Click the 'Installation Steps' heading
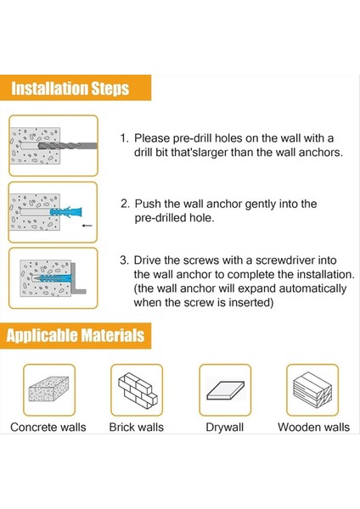pyautogui.click(x=70, y=88)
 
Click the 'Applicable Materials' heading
pyautogui.click(x=76, y=335)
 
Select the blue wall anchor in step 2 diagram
pyautogui.click(x=66, y=212)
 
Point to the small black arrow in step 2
pyautogui.click(x=87, y=226)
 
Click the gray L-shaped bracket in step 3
pyautogui.click(x=78, y=278)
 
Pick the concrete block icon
pyautogui.click(x=48, y=389)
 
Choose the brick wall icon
pyautogui.click(x=138, y=390)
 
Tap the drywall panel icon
pyautogui.click(x=226, y=390)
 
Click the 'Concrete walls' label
pyautogui.click(x=48, y=428)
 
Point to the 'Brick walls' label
pyautogui.click(x=137, y=428)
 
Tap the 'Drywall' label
pyautogui.click(x=224, y=428)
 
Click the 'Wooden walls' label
pyautogui.click(x=313, y=428)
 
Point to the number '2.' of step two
pyautogui.click(x=125, y=204)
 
